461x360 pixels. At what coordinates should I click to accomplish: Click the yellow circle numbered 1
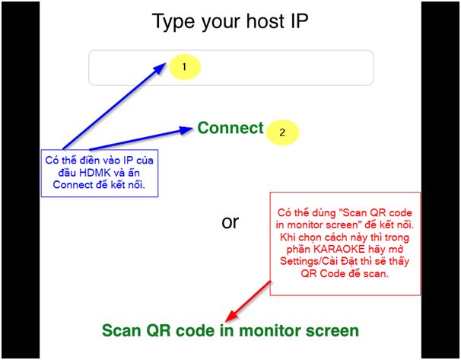tap(185, 67)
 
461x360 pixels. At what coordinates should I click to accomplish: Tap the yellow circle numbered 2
tap(282, 132)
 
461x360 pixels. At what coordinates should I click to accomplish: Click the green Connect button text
tap(230, 128)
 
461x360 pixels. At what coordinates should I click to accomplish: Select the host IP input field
tap(230, 68)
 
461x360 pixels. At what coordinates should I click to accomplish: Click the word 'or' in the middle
tap(230, 222)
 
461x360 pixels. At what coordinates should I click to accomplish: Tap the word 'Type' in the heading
tap(173, 22)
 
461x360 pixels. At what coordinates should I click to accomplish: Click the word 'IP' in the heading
tap(300, 21)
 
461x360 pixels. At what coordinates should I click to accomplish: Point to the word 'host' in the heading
tap(265, 21)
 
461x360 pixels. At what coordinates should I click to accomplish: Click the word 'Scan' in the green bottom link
tap(122, 330)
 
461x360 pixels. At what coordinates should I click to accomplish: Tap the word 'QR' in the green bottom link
tap(159, 331)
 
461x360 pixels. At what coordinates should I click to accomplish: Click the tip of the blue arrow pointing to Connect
tap(193, 128)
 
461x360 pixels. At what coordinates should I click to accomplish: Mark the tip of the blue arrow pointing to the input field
tap(166, 62)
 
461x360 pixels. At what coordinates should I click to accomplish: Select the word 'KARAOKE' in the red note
tap(339, 249)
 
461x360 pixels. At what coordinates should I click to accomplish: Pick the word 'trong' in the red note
tap(397, 237)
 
